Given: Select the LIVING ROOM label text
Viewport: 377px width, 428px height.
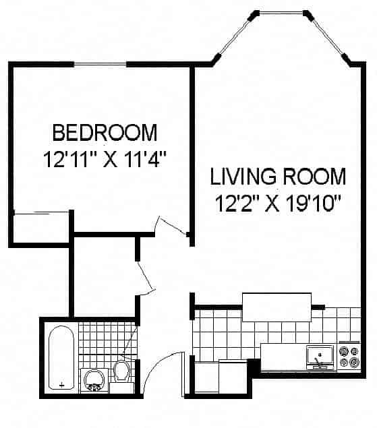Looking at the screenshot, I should [x=278, y=177].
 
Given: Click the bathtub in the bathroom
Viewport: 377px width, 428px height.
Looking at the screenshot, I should [x=62, y=358].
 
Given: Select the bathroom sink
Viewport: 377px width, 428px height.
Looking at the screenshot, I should [x=92, y=379].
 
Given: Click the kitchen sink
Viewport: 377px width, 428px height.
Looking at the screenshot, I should [x=320, y=356].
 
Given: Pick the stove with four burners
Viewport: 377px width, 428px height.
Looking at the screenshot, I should [x=349, y=357].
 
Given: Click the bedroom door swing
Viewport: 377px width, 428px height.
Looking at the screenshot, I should [x=170, y=227].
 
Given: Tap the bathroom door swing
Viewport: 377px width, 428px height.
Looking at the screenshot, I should [x=129, y=344].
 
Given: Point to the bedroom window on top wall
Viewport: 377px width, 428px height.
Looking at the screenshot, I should [x=100, y=63].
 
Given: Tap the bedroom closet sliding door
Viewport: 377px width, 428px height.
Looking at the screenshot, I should [x=40, y=214].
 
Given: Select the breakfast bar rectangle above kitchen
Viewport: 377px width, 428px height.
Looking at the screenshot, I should [x=277, y=308].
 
